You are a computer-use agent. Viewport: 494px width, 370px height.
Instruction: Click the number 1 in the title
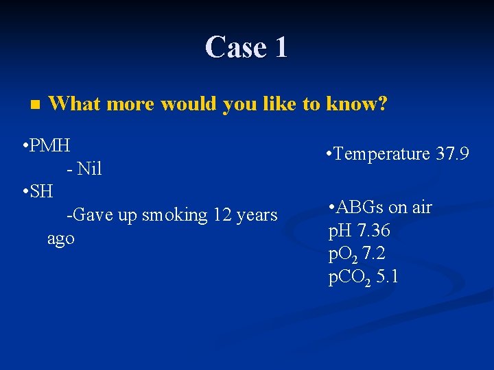click(x=281, y=47)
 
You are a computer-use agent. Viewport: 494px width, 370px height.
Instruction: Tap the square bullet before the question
click(x=36, y=106)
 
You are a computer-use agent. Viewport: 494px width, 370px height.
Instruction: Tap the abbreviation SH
click(x=42, y=191)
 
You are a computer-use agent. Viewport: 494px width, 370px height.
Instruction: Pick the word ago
click(x=60, y=239)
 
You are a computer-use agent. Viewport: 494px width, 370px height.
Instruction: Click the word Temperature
click(x=382, y=154)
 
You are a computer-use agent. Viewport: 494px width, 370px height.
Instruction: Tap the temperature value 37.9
click(x=452, y=154)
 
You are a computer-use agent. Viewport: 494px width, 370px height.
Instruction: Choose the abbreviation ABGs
click(x=360, y=207)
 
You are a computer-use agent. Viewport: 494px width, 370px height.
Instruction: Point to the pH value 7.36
click(x=374, y=230)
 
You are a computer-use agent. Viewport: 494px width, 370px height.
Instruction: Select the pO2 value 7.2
click(x=376, y=254)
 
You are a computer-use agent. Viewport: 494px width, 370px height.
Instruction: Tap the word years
click(x=256, y=215)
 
